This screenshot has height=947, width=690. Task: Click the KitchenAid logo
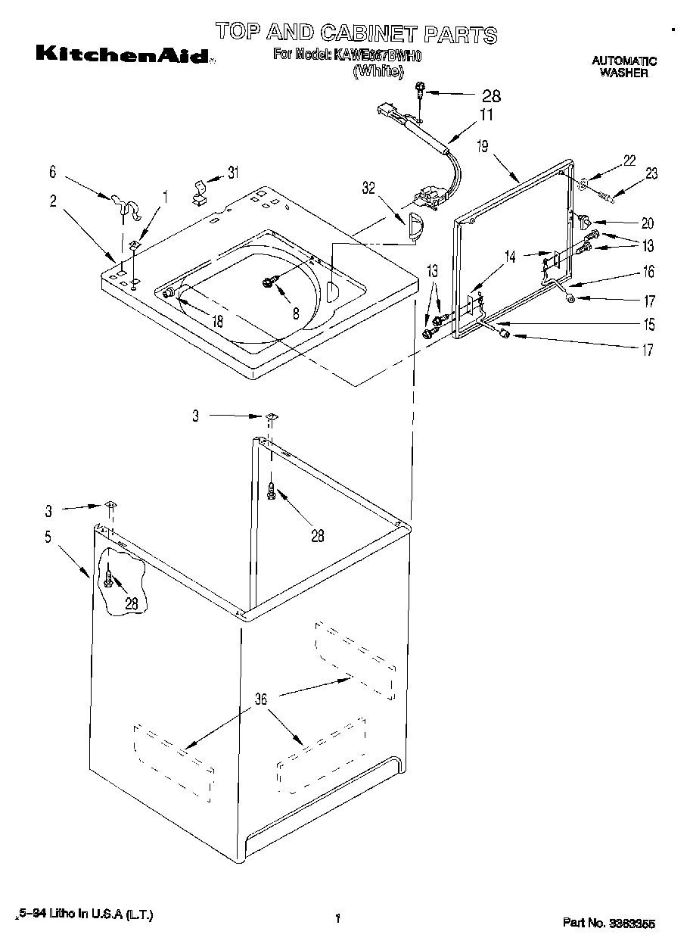122,55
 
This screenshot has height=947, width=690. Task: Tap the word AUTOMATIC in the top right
623,61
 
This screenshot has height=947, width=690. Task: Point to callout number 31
233,173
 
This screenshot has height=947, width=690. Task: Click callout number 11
485,116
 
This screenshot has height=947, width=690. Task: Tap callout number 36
260,699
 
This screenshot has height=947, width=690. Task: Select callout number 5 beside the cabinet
48,537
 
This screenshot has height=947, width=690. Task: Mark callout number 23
651,174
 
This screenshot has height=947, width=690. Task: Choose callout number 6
52,172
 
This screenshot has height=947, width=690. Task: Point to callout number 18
217,320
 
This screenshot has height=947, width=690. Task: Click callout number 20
647,223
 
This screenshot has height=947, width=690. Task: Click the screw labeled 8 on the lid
269,282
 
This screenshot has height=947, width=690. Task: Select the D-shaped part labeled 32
414,226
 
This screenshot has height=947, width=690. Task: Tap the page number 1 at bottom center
337,919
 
